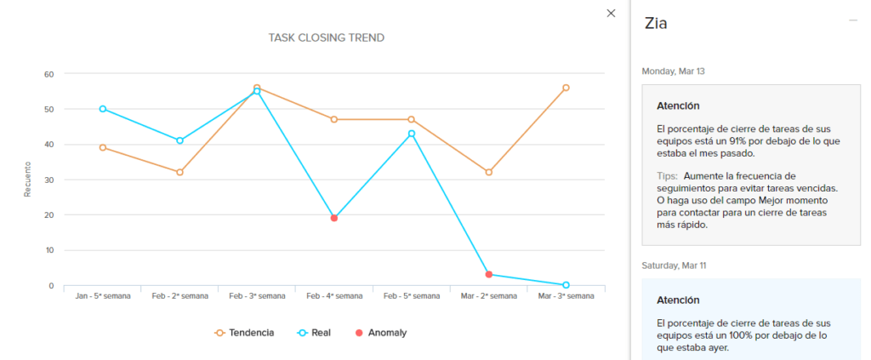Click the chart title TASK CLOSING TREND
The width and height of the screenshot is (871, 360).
click(x=326, y=37)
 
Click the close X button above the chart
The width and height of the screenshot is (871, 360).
click(x=611, y=13)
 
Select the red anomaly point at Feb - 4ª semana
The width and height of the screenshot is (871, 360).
click(x=334, y=218)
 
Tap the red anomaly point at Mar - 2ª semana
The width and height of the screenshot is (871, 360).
click(x=488, y=274)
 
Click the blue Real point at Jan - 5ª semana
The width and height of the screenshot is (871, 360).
click(x=103, y=109)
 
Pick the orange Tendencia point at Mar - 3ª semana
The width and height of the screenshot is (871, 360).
click(x=566, y=88)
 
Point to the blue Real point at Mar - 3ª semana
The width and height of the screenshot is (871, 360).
click(x=566, y=285)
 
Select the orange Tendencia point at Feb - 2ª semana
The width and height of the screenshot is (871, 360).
click(x=179, y=172)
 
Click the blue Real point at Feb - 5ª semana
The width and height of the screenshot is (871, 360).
click(x=411, y=134)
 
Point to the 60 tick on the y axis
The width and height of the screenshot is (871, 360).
click(x=49, y=74)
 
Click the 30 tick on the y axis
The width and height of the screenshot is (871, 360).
click(x=49, y=180)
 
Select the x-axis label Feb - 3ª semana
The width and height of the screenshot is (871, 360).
click(x=257, y=296)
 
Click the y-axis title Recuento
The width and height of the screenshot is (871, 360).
click(x=27, y=180)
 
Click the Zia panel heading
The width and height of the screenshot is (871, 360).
click(x=656, y=24)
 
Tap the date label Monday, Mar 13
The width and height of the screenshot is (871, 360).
click(x=673, y=71)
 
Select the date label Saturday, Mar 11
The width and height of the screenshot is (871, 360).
click(x=674, y=266)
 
